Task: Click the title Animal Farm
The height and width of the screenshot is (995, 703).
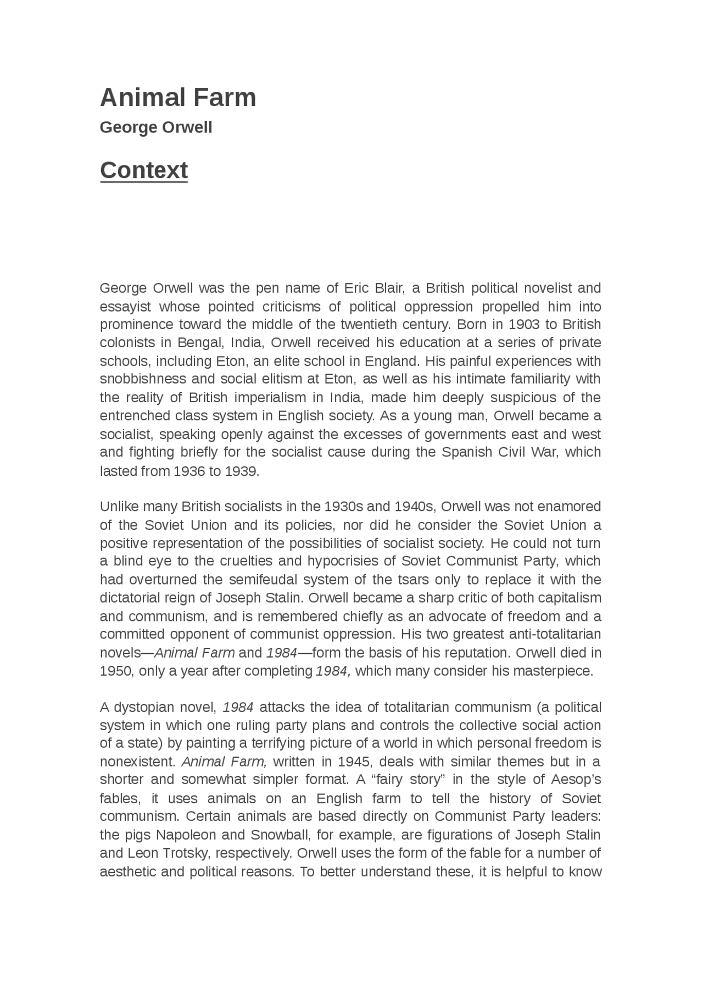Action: [178, 98]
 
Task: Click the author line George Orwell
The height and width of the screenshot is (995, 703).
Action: [155, 127]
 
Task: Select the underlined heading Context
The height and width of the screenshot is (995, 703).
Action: [144, 170]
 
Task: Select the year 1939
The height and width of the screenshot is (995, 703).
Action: [240, 471]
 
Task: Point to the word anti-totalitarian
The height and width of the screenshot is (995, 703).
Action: [555, 634]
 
